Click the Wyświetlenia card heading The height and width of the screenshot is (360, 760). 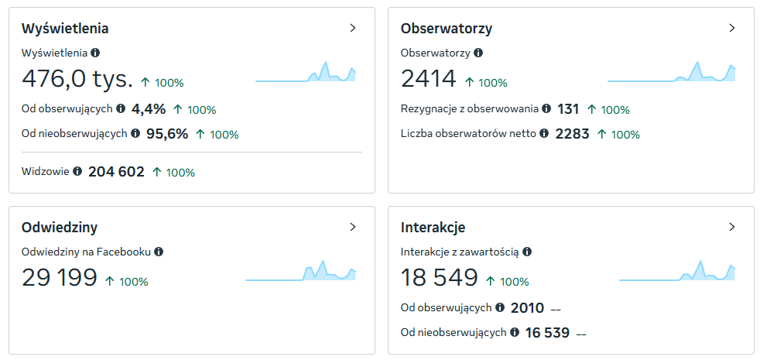tap(65, 29)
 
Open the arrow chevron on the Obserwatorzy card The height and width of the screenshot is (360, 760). tap(732, 28)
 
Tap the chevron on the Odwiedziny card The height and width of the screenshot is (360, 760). tap(353, 227)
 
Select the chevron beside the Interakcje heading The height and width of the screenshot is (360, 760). tap(732, 227)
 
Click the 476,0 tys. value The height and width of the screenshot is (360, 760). tap(77, 79)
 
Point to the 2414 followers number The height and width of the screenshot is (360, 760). tap(429, 79)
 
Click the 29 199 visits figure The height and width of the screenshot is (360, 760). tap(60, 277)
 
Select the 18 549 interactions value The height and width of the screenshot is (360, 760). tap(440, 277)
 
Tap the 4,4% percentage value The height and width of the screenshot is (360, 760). tap(149, 109)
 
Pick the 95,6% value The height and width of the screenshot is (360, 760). tap(167, 134)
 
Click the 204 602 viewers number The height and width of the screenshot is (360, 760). tap(116, 172)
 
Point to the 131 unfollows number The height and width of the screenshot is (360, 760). tap(568, 109)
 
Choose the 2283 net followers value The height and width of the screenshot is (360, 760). tap(573, 134)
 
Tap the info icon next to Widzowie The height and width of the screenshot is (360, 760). tap(77, 171)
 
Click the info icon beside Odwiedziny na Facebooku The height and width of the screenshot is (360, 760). tap(159, 252)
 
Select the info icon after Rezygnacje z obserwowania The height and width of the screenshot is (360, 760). tap(546, 108)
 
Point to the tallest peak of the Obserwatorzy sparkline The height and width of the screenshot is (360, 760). tap(697, 62)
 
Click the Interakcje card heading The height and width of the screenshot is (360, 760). tap(433, 227)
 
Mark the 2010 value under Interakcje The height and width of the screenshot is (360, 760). tap(527, 308)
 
